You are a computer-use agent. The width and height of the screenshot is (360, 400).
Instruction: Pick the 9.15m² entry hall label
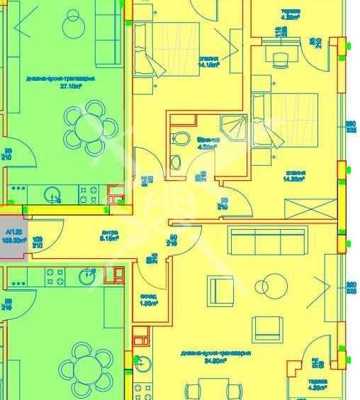108,235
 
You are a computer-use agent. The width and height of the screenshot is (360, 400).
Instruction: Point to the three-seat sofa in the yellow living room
268,241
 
